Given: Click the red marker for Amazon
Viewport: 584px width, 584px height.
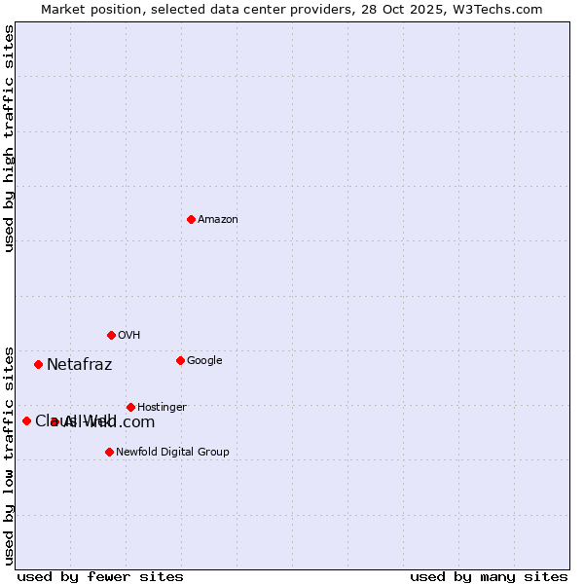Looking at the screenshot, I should [191, 219].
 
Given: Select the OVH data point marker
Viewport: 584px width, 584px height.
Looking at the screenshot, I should [111, 335].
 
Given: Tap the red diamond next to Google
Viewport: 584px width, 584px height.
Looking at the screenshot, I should [180, 360].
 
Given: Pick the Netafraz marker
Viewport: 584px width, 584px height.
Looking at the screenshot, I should [38, 364].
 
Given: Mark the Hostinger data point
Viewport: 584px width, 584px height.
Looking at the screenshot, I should [130, 407].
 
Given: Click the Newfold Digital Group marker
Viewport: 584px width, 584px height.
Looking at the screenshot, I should [109, 452].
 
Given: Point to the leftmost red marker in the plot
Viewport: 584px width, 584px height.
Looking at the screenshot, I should [26, 420].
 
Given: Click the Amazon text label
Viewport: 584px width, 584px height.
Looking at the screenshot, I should [218, 220].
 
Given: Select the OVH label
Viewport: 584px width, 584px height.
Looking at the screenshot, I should [129, 336].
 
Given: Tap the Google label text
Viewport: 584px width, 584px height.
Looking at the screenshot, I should [204, 361].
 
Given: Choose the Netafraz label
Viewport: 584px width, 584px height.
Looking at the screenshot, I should [79, 365].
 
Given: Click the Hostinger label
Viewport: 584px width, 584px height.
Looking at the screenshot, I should [162, 408].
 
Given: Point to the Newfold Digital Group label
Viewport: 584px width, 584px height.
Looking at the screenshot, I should [172, 453].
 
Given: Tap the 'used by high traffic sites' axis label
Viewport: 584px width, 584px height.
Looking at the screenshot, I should [9, 138].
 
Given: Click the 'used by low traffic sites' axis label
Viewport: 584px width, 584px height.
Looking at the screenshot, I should [9, 455].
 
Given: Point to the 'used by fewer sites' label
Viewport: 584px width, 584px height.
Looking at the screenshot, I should [100, 576].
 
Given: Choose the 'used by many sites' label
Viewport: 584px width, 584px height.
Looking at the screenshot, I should [489, 576].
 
